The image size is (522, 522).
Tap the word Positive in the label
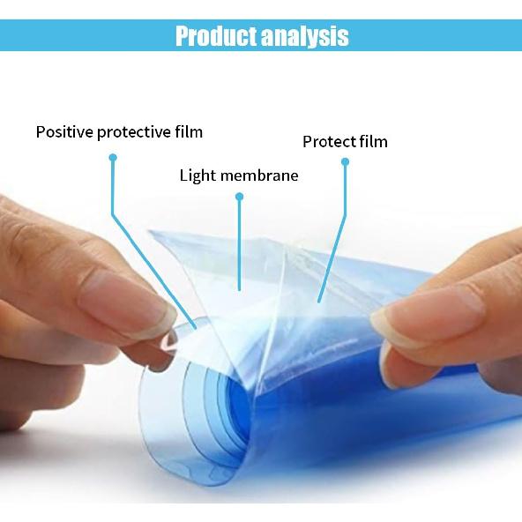[x=63, y=132]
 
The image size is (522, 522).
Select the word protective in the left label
[x=133, y=132]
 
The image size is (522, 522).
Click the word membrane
[x=258, y=175]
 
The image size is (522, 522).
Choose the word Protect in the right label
[x=330, y=142]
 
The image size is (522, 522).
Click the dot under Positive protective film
[x=113, y=158]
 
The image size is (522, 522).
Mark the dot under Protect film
[x=346, y=161]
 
